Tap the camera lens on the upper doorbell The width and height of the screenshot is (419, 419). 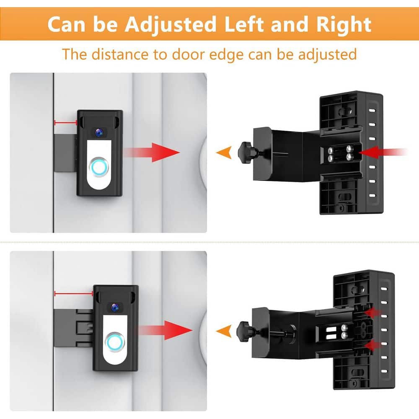pyautogui.click(x=99, y=132)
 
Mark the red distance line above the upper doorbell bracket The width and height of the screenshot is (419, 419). pyautogui.click(x=65, y=122)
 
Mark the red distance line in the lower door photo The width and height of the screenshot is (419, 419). pyautogui.click(x=74, y=294)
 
